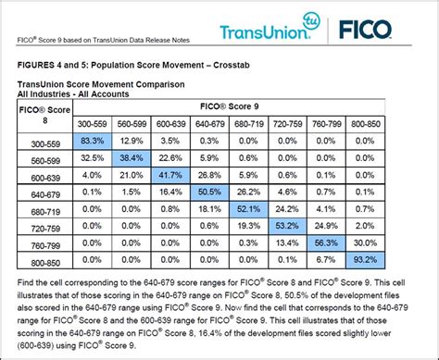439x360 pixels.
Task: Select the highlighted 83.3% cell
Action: click(92, 140)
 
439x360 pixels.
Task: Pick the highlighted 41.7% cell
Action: click(171, 174)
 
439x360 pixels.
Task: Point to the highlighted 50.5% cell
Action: click(210, 192)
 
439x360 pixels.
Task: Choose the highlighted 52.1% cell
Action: click(249, 209)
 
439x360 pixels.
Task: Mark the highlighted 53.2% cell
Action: click(287, 226)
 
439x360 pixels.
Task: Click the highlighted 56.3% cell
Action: click(326, 243)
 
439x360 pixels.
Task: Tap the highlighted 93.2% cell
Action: click(365, 260)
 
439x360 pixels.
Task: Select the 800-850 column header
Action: click(365, 123)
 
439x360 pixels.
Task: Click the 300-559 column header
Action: click(92, 123)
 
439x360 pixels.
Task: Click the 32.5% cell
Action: click(92, 157)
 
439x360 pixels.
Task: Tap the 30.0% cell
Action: click(365, 243)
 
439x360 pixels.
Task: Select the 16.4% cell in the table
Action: click(171, 192)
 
